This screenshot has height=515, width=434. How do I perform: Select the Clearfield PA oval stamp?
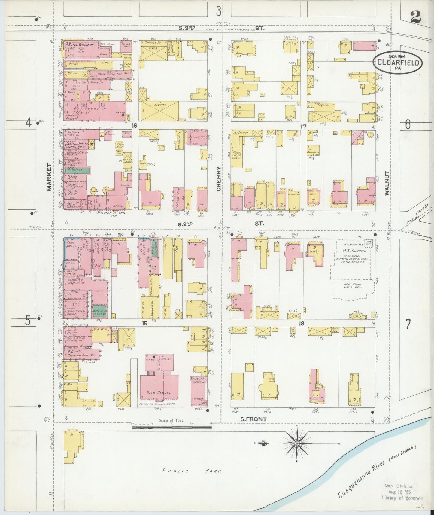[398, 62]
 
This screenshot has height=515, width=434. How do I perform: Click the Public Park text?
[192, 471]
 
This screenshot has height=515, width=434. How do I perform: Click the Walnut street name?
[387, 183]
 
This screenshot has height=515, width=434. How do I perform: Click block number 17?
[303, 127]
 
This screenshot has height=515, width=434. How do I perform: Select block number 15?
[145, 323]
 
